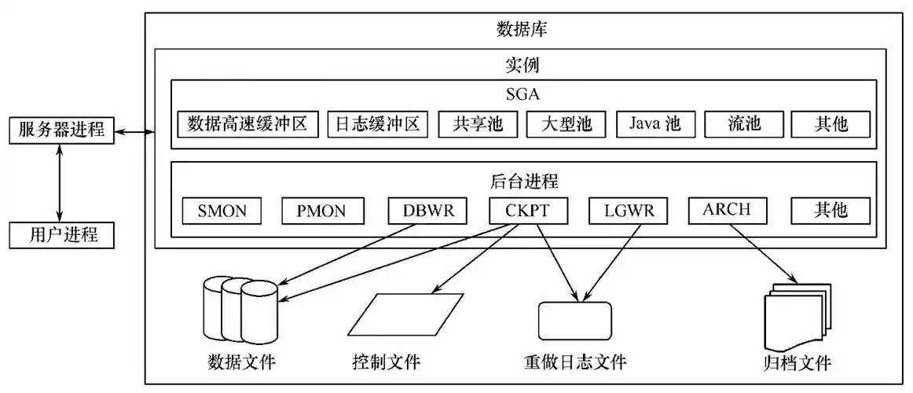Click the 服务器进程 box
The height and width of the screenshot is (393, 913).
[61, 130]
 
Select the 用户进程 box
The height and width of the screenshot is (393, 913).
[61, 234]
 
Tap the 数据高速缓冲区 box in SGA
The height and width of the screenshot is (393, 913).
[247, 124]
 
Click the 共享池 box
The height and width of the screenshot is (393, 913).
[478, 124]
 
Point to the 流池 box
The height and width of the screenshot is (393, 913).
[744, 124]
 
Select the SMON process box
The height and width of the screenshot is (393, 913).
[221, 211]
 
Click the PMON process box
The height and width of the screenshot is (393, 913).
[324, 211]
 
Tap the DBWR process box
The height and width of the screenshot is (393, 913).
[428, 211]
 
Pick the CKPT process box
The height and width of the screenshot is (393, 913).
[528, 211]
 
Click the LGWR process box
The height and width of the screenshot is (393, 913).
[628, 211]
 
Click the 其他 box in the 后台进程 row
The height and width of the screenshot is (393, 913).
[830, 211]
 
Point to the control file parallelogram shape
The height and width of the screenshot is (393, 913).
[405, 314]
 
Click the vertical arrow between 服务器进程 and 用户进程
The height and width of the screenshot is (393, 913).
[60, 182]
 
